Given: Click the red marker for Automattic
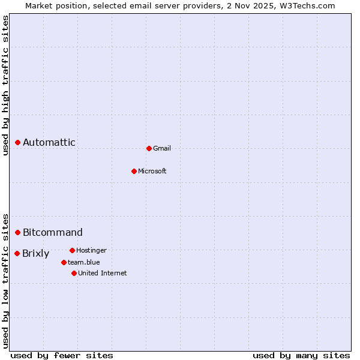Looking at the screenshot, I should (x=18, y=143).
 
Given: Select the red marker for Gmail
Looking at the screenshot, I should (x=149, y=148).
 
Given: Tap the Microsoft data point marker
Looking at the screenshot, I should (x=134, y=171).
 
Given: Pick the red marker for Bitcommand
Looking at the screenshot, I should (x=18, y=232).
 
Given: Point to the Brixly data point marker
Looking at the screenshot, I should (x=17, y=253).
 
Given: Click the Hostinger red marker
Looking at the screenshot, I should (x=72, y=250).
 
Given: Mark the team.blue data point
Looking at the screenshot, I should (x=64, y=262).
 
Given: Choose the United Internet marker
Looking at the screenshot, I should (x=74, y=273).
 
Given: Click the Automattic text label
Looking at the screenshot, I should (x=49, y=143).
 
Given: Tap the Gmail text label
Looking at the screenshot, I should (x=162, y=148).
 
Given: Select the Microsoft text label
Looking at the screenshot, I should (x=152, y=171).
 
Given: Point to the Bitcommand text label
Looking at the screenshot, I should (x=53, y=232).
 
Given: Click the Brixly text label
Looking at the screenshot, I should (x=36, y=253).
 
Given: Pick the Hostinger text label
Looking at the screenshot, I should (x=91, y=250).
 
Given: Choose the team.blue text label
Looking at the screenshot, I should (x=84, y=262).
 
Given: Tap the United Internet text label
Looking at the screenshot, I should (x=103, y=273).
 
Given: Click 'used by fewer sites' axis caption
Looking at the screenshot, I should (x=62, y=355).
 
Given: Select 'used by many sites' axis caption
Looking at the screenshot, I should (x=301, y=355).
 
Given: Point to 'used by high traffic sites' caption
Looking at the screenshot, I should (x=6, y=85).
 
